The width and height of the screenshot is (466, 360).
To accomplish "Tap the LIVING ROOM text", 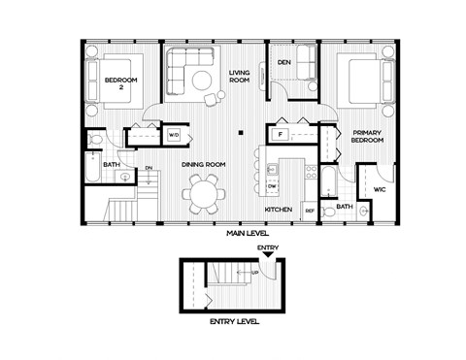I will point(240,78).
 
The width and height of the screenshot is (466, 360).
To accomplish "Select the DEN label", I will point(284,62).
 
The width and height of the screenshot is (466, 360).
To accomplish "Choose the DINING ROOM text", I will point(204,164).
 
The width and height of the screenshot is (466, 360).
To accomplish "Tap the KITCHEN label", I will point(280,209).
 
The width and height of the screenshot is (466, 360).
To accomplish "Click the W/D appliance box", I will point(175,135).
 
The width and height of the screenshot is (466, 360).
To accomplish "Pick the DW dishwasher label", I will point(273,184).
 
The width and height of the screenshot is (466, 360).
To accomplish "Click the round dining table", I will point(205,195).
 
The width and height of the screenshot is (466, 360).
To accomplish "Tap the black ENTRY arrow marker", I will point(267,255).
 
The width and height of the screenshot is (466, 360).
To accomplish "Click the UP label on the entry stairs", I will point(255,273).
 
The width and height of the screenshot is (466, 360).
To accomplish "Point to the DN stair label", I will point(149,169).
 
